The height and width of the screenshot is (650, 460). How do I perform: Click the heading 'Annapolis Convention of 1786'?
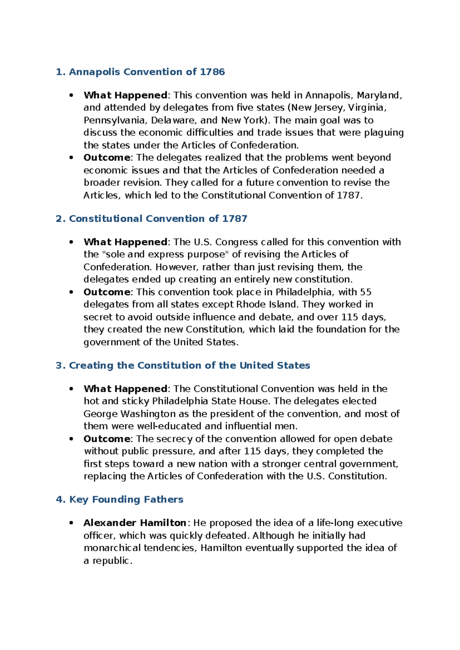pyautogui.click(x=140, y=72)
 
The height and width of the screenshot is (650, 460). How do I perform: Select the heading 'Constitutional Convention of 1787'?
pyautogui.click(x=151, y=218)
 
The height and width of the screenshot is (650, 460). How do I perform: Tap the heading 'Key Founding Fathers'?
pyautogui.click(x=120, y=499)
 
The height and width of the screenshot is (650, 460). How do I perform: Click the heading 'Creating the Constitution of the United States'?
pyautogui.click(x=183, y=365)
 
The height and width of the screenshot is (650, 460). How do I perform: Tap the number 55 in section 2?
pyautogui.click(x=366, y=292)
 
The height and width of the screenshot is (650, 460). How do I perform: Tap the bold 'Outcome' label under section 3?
pyautogui.click(x=107, y=439)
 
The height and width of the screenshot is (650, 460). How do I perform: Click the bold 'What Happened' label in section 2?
pyautogui.click(x=125, y=242)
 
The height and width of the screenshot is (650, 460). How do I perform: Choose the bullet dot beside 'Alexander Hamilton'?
pyautogui.click(x=71, y=523)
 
